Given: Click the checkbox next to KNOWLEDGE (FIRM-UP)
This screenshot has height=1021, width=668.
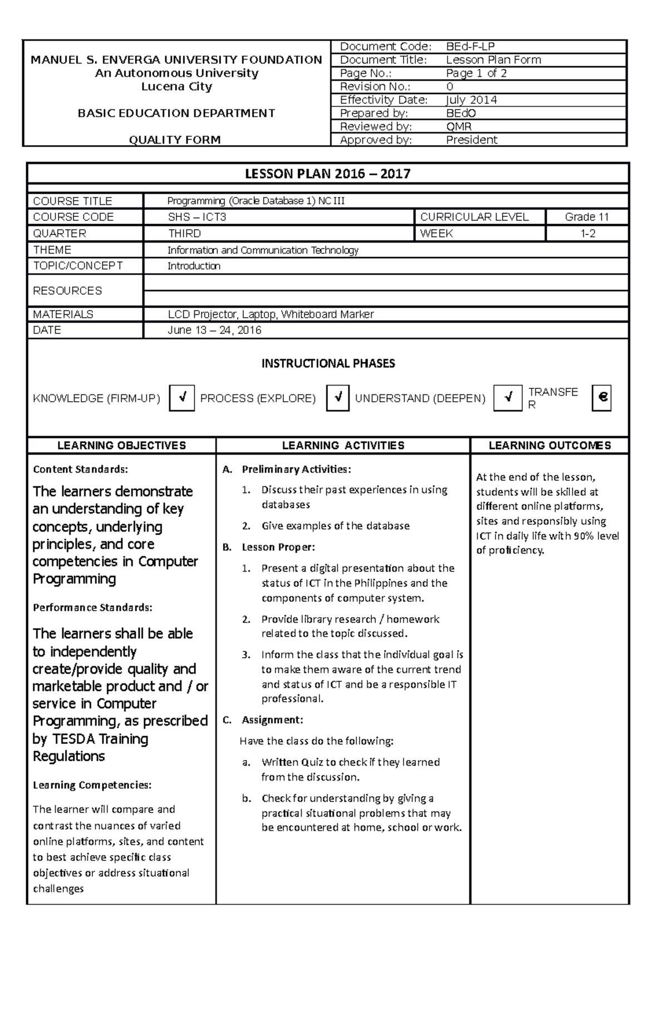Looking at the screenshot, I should coord(181,398).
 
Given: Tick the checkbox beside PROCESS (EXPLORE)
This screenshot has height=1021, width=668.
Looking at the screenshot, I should coord(337,398).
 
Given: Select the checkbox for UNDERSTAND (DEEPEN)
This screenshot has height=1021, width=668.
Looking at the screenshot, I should coord(507,398).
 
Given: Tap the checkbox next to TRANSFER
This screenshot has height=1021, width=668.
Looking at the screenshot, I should coord(601,398).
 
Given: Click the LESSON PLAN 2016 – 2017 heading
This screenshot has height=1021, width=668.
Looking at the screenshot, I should coord(328,174).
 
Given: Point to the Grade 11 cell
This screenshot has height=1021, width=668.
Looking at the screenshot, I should coord(587,217).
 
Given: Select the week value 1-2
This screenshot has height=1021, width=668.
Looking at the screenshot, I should coord(588,234).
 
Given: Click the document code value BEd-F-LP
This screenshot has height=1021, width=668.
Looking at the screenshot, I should coord(470,47).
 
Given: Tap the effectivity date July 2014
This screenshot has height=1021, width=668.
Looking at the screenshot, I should coord(471,100).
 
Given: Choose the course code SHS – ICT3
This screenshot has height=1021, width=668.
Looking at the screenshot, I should coord(197,217).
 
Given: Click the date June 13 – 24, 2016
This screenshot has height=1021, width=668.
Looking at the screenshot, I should coord(214,330).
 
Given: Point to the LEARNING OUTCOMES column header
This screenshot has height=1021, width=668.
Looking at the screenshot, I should coord(549,445).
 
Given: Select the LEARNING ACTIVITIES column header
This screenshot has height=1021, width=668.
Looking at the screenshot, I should coord(343,445).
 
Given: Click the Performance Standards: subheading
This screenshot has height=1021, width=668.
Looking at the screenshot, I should coord(92,608).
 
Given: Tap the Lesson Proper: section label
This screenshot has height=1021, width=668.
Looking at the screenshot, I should coord(278,547).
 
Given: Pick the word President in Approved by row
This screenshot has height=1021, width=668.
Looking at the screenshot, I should coord(471,140).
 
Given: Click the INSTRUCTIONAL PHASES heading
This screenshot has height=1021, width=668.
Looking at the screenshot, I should coord(328,363).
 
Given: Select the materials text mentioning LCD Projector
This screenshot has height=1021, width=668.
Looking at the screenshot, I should coord(271,314).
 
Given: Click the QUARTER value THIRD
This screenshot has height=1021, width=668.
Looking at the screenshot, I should coord(184,234).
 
